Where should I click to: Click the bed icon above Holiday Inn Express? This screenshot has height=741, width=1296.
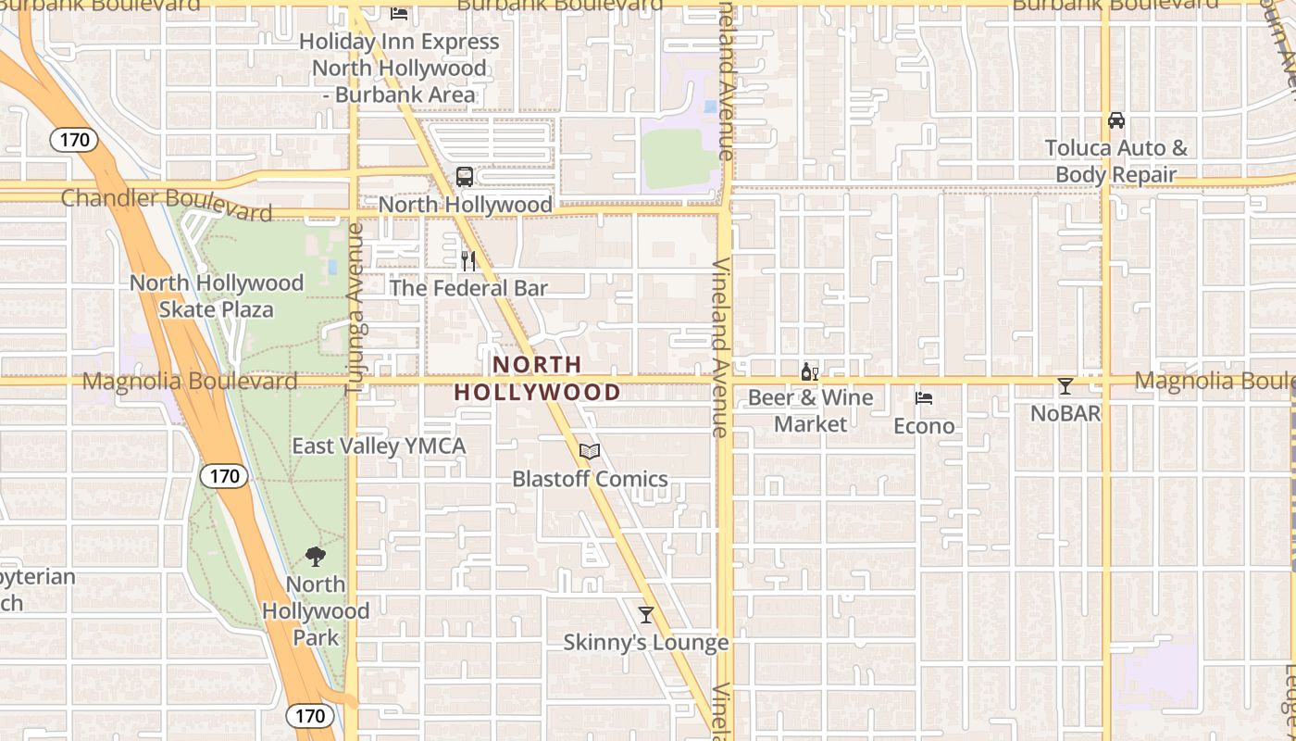tap(399, 13)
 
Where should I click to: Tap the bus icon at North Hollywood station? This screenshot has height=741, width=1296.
tap(465, 176)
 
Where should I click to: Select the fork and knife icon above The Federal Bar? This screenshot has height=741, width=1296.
tap(468, 261)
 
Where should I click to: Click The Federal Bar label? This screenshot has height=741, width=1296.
tap(468, 288)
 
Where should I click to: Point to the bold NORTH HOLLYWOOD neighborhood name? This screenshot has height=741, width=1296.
tap(537, 379)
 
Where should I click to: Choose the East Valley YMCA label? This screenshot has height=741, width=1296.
tap(379, 446)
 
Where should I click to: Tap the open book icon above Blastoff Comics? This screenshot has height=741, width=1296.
tap(590, 452)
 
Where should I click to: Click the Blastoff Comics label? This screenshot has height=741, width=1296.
tap(590, 479)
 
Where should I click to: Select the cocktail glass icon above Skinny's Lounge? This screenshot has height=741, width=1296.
tap(646, 615)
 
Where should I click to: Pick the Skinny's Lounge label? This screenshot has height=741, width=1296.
tap(646, 642)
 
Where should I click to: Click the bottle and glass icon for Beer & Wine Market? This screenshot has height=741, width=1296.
tap(810, 371)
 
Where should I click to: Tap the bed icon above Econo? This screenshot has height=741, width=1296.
tap(924, 398)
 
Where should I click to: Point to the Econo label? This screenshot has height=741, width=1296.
tap(924, 425)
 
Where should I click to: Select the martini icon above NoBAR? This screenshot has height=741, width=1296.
tap(1065, 386)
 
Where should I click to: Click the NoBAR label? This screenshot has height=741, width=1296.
tap(1065, 413)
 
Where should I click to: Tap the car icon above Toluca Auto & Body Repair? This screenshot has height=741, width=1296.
tap(1116, 120)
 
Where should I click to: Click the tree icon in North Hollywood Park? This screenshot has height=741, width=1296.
tap(316, 556)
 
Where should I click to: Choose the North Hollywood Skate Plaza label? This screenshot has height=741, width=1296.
tap(217, 295)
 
